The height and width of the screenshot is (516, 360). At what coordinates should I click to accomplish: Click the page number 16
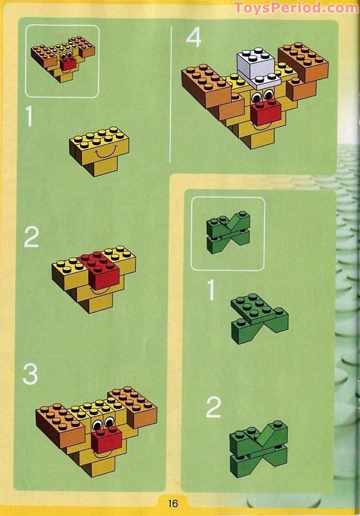point(173,503)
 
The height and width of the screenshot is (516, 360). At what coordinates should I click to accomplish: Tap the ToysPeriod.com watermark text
point(296,8)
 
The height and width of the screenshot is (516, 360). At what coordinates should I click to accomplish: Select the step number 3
point(30,374)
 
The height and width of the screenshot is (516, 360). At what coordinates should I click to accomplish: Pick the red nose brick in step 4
point(265,115)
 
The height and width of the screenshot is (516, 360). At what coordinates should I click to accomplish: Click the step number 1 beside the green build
point(212,290)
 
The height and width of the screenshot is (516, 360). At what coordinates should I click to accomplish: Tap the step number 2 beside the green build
point(213,408)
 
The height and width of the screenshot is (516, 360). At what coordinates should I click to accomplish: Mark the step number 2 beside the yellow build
point(31,237)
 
